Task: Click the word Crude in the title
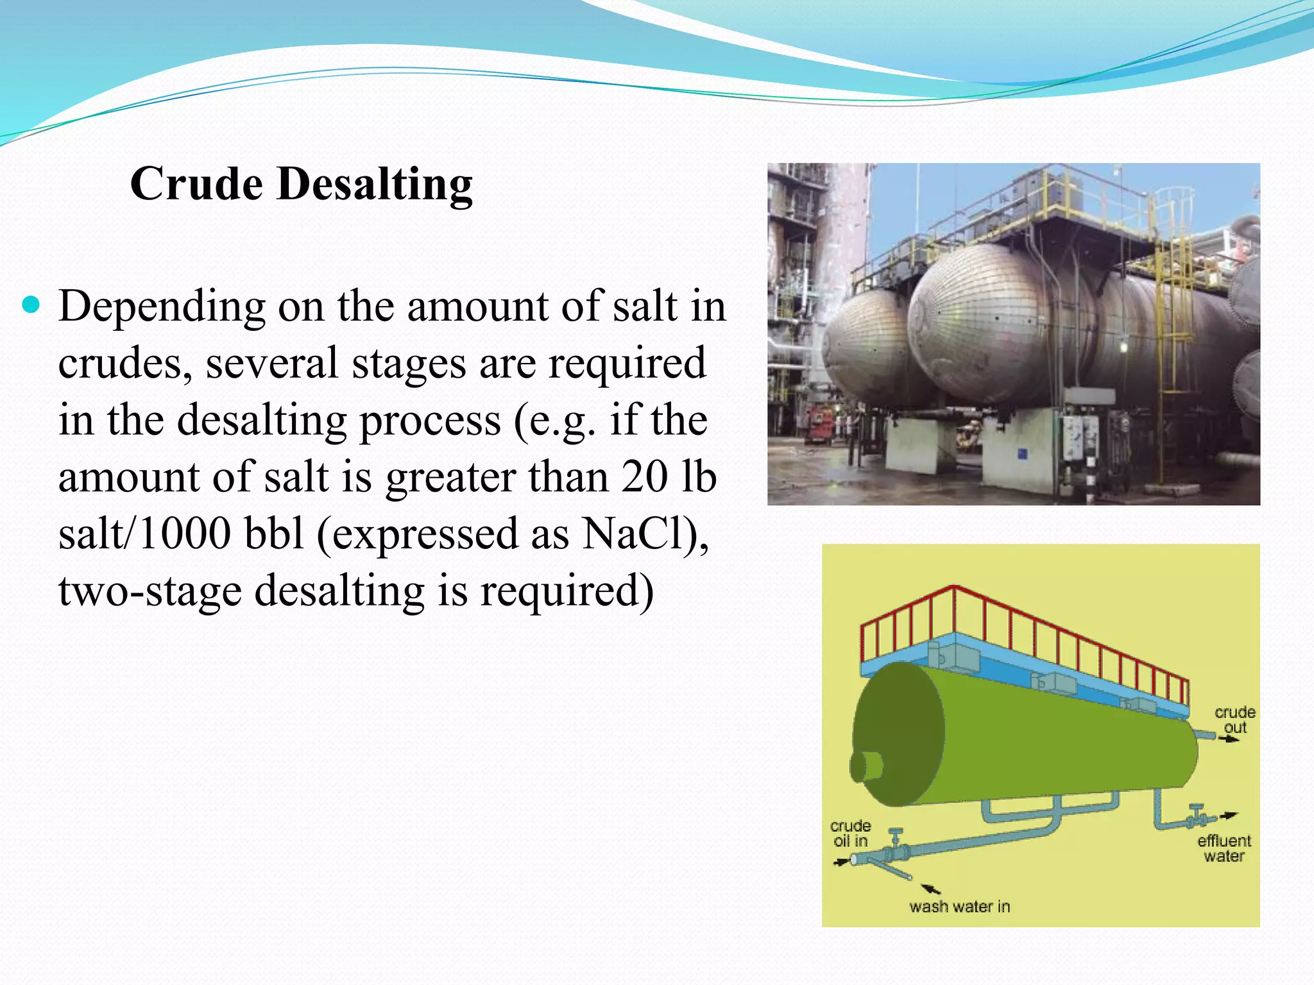[196, 184]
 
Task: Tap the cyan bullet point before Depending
[30, 303]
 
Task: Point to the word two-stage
[149, 591]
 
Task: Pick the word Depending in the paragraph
[162, 307]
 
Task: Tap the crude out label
[1234, 720]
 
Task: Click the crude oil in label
[850, 833]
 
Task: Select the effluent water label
[1224, 848]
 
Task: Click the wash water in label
[959, 906]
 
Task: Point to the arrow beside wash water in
[931, 888]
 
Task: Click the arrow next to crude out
[1230, 739]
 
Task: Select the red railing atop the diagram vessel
[1027, 635]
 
